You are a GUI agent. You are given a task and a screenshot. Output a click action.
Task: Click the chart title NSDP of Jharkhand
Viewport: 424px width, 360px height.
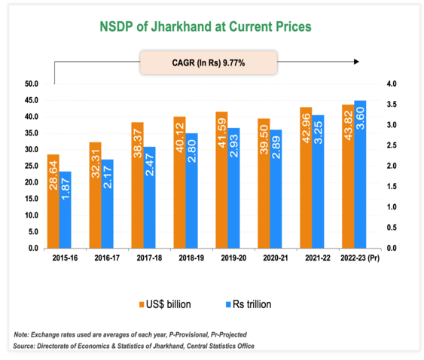point(206,27)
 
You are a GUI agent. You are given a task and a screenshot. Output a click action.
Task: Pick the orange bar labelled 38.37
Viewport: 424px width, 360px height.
point(136,185)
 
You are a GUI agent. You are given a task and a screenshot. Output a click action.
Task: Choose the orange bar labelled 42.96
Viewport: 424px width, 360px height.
point(306,177)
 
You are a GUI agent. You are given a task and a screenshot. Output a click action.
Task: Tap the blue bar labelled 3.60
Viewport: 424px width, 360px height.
point(360,174)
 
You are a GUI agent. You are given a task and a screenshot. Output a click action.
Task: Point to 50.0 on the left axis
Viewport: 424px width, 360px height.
point(32,84)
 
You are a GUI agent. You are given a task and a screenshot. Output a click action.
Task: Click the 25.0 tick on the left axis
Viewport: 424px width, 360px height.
point(32,166)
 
